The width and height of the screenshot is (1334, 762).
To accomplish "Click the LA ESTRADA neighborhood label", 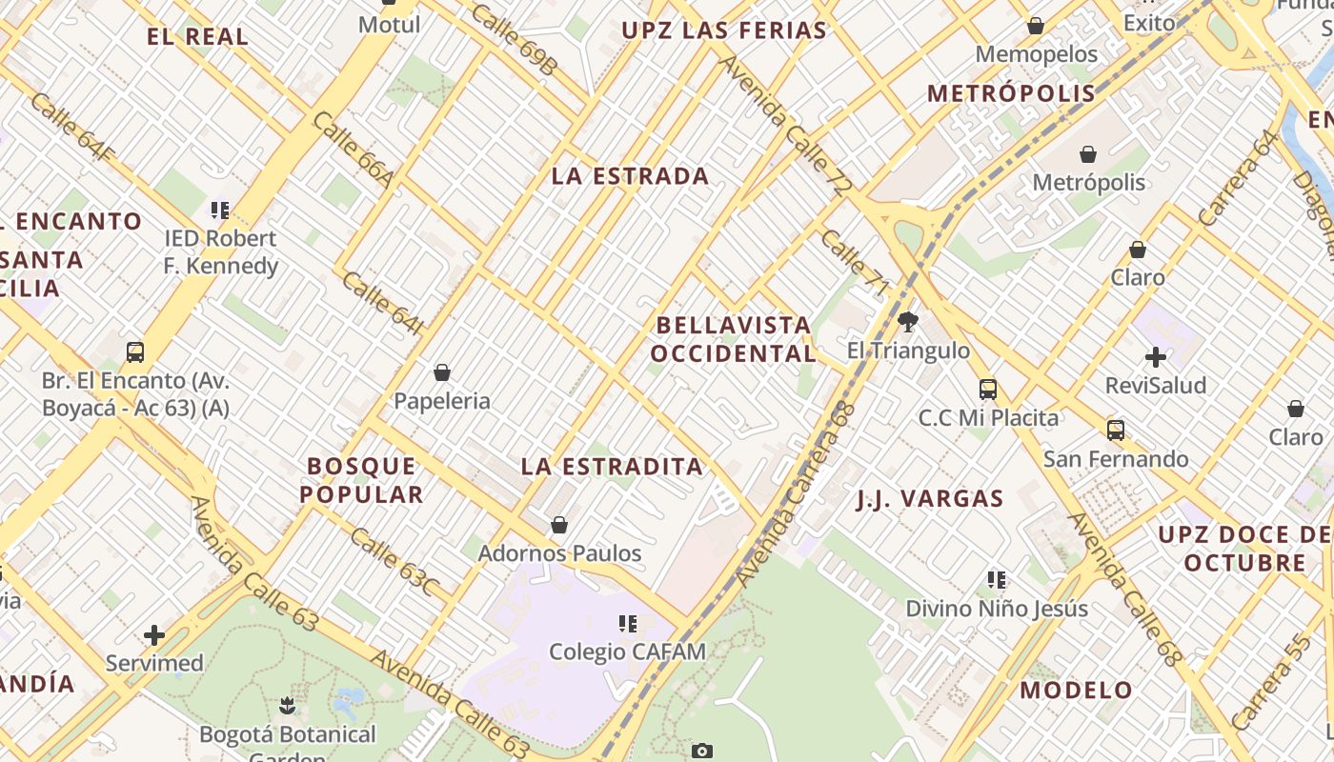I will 630,176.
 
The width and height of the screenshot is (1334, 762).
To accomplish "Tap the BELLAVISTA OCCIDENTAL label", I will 734,339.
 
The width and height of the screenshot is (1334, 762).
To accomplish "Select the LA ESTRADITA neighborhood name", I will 612,467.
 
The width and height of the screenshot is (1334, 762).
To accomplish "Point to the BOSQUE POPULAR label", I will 361,480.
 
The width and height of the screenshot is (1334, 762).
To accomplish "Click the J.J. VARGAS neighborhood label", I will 929,499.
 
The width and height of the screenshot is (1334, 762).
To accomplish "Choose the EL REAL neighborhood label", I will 197,37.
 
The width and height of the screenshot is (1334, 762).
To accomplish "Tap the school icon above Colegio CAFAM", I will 627,624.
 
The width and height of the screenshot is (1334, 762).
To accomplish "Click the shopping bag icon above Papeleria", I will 441,372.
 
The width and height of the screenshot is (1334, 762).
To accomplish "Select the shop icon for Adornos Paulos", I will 559,525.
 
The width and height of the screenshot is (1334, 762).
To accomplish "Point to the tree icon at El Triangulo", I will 908,322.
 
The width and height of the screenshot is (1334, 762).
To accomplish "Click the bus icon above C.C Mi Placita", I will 988,389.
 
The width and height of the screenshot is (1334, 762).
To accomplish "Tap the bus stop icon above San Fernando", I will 1116,431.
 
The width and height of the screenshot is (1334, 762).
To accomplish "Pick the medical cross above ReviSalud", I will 1156,357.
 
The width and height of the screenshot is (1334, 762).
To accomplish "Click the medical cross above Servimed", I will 154,635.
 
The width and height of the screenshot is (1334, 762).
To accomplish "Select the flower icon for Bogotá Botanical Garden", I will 287,706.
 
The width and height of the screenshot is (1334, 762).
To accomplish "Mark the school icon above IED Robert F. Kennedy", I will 220,210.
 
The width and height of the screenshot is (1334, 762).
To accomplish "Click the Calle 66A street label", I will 353,150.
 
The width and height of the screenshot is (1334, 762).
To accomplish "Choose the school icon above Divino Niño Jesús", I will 997,579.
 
